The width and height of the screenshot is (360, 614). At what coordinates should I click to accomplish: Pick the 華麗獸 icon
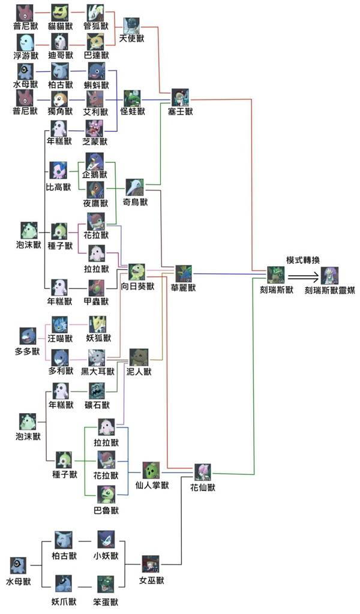click(x=184, y=273)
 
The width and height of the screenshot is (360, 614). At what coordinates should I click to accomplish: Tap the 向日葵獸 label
click(x=137, y=287)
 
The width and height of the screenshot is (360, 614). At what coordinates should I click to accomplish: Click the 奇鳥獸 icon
click(x=135, y=188)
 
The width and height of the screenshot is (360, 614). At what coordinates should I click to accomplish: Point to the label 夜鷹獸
click(x=95, y=203)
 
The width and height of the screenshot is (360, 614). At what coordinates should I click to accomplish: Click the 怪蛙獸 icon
click(x=133, y=97)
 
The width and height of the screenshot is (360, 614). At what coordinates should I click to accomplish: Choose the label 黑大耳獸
click(x=96, y=371)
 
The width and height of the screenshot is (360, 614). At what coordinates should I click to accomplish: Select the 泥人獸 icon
click(x=139, y=357)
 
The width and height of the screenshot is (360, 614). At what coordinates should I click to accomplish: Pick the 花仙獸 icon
click(x=202, y=472)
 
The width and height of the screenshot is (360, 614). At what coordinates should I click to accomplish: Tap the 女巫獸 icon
click(x=151, y=565)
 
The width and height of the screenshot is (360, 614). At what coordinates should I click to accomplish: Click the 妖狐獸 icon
click(x=97, y=323)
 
